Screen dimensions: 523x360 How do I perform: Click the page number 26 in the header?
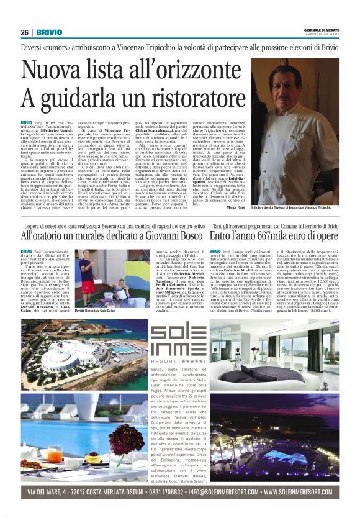click(25, 32)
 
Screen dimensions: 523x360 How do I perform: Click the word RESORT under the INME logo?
click(163, 360)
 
